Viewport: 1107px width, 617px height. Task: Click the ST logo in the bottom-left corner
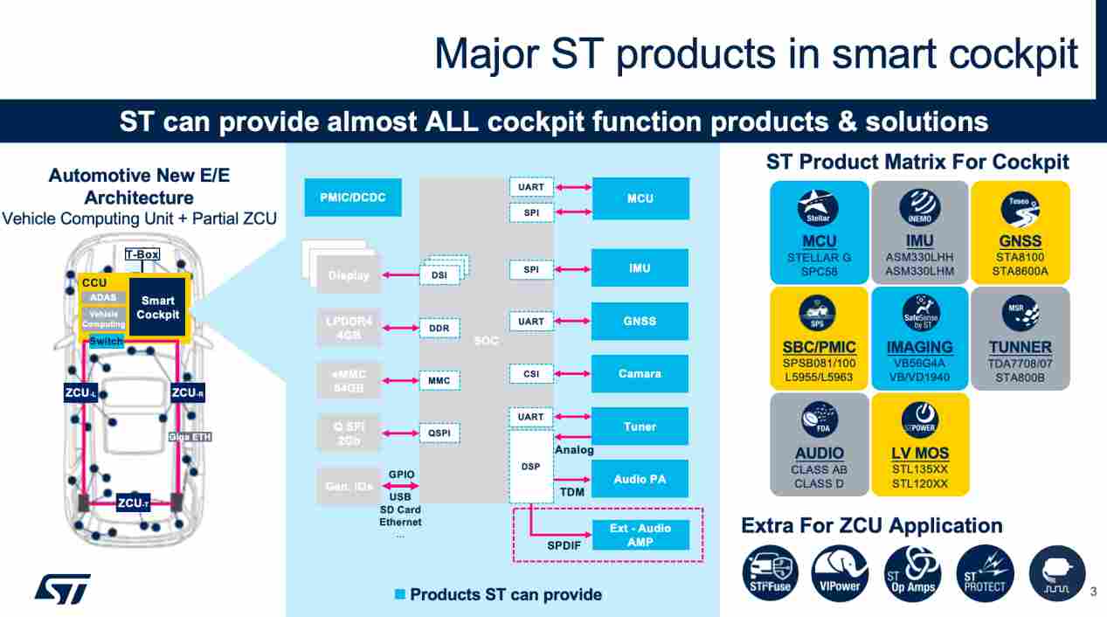click(62, 588)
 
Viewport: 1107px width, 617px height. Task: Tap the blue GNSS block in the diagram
click(640, 321)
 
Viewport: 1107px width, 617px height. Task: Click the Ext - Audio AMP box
click(640, 535)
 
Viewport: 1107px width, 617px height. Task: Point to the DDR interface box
click(439, 328)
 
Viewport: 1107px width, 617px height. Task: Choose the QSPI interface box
click(439, 433)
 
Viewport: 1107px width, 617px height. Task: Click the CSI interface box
click(530, 374)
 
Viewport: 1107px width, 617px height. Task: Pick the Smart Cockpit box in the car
click(158, 308)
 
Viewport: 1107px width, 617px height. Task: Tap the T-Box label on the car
click(142, 254)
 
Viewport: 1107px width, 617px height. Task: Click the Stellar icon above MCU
click(819, 208)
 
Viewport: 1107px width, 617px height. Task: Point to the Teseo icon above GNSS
click(1020, 208)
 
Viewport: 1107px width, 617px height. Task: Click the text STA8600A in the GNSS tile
click(1020, 271)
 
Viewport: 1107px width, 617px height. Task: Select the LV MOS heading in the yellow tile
click(920, 453)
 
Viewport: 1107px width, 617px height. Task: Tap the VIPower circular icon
click(840, 573)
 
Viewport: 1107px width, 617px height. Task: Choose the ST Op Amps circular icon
click(912, 573)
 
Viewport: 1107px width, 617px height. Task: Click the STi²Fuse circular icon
click(770, 573)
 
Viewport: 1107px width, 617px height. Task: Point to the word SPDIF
click(564, 545)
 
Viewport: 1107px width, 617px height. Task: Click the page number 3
click(1092, 593)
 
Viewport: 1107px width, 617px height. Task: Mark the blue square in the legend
click(400, 594)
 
